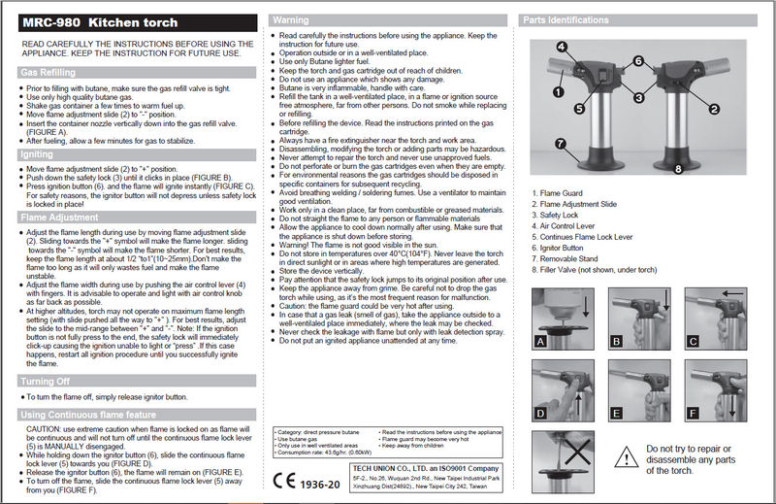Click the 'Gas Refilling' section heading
coord(48,72)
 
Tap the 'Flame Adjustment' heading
coord(58,219)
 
